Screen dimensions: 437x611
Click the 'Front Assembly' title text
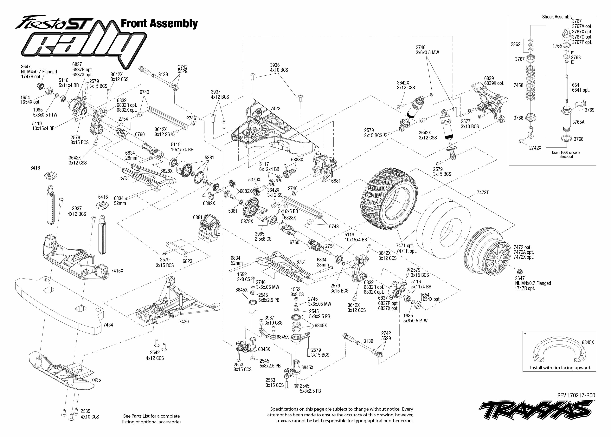159,24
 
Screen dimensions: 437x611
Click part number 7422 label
275,109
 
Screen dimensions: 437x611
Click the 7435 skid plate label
96,380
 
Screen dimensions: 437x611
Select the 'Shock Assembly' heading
557,17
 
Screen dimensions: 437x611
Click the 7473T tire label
483,193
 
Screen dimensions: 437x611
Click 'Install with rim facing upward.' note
560,368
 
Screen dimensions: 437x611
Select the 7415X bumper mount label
117,271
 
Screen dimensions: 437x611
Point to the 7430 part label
184,322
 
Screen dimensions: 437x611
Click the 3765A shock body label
578,122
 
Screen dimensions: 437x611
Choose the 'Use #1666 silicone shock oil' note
566,154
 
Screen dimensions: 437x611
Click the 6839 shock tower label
489,78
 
